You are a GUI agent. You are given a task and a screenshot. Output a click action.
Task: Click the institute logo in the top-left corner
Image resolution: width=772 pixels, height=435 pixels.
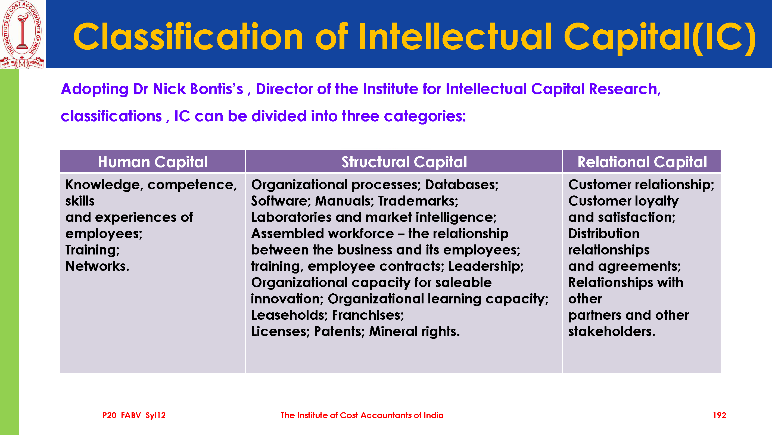(23, 35)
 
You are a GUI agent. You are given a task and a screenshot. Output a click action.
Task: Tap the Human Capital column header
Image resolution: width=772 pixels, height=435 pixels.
(153, 162)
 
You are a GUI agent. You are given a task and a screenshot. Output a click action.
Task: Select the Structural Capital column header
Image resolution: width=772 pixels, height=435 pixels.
(404, 162)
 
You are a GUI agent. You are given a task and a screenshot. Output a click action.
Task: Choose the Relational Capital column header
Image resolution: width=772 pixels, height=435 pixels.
(642, 162)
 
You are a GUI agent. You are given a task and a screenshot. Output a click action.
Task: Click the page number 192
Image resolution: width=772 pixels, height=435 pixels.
(719, 415)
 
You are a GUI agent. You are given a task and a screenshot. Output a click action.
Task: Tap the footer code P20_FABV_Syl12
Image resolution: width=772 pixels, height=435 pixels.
(134, 415)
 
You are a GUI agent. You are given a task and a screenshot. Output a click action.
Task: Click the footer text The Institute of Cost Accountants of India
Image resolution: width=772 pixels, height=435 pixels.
(362, 415)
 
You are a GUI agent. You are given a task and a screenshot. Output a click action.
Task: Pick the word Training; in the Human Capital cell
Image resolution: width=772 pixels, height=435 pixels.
(92, 250)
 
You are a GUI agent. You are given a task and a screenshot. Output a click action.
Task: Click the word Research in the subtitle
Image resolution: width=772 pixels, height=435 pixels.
(625, 89)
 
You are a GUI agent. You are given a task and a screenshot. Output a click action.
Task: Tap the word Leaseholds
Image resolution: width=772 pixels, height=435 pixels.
(289, 315)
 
